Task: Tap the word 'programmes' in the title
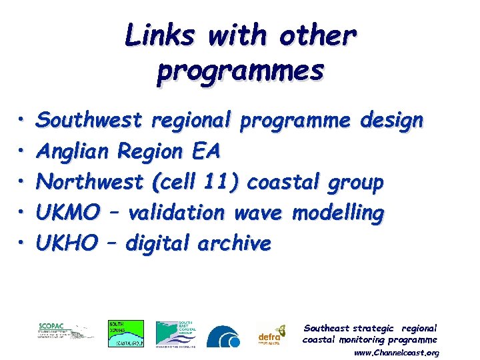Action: click(241, 69)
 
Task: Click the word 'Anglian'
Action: click(73, 151)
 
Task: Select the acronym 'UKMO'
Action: click(65, 213)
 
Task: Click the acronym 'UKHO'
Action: click(64, 243)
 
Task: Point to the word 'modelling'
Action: click(338, 213)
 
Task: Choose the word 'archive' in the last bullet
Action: click(234, 243)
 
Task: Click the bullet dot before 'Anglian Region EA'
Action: click(23, 153)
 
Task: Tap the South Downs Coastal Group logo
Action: click(126, 333)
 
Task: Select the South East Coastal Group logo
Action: click(176, 333)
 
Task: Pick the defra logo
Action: click(272, 335)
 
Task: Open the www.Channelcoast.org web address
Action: click(396, 352)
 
